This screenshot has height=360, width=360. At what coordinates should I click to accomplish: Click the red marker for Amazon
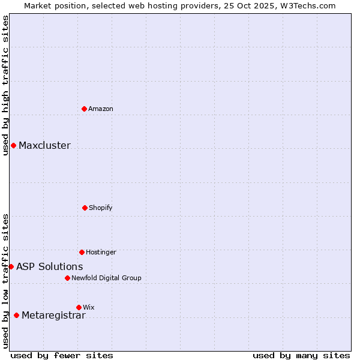point(84,109)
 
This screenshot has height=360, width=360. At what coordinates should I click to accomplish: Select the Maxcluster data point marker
point(13,145)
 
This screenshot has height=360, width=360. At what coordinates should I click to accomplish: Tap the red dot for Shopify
point(85,208)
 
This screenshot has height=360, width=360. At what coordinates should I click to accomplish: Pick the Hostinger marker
point(82,252)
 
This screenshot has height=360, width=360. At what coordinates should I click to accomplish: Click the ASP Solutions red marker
point(11,266)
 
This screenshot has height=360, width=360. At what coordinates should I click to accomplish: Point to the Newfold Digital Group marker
point(67,278)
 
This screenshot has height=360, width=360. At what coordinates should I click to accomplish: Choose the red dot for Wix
point(79,307)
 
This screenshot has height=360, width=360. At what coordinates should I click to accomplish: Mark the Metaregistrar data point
point(16,315)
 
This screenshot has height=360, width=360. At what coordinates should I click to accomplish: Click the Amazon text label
point(101,109)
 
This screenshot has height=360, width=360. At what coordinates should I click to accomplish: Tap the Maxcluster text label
point(44,145)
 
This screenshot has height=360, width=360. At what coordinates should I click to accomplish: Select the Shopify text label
point(101,208)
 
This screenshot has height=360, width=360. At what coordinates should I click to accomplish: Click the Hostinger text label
point(101,252)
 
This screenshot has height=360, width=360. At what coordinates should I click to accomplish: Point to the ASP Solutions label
point(50,266)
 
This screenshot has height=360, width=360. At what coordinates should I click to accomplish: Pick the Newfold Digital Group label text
point(106,278)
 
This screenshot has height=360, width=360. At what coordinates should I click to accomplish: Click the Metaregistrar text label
point(53,315)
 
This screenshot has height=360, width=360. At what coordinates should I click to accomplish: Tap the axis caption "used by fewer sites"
point(62,355)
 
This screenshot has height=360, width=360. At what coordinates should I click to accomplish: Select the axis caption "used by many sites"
point(301,355)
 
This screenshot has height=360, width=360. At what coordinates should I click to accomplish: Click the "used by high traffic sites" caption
point(5,86)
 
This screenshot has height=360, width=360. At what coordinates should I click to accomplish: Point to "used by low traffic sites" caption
point(5,281)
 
